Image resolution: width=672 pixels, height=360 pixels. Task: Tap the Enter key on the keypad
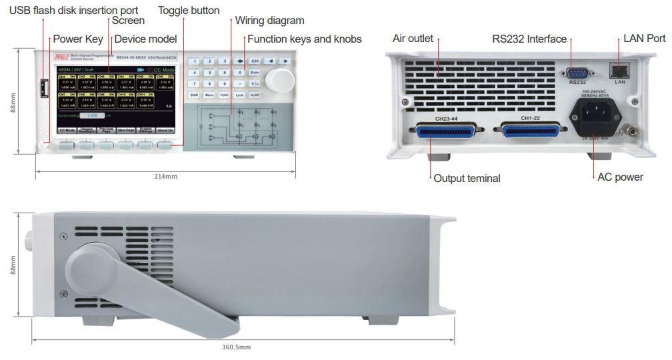(x=255, y=72)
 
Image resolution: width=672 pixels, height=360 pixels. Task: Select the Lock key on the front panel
(x=240, y=95)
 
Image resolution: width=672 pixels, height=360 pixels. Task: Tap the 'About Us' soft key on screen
(x=165, y=130)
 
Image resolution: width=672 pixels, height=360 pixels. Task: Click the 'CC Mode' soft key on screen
(x=67, y=130)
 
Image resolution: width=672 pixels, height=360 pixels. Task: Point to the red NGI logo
(x=61, y=58)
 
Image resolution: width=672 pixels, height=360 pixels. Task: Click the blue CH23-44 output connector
(x=445, y=131)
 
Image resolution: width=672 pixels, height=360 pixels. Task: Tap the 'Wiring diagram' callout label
(x=269, y=21)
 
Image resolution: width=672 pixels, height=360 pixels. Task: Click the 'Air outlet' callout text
(x=413, y=39)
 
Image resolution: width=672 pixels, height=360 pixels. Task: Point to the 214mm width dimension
(x=165, y=176)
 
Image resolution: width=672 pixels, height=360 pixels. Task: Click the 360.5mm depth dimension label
(x=236, y=347)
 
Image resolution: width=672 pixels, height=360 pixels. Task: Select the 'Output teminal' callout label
(x=467, y=178)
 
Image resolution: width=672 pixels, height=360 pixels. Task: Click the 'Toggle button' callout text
(x=189, y=10)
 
